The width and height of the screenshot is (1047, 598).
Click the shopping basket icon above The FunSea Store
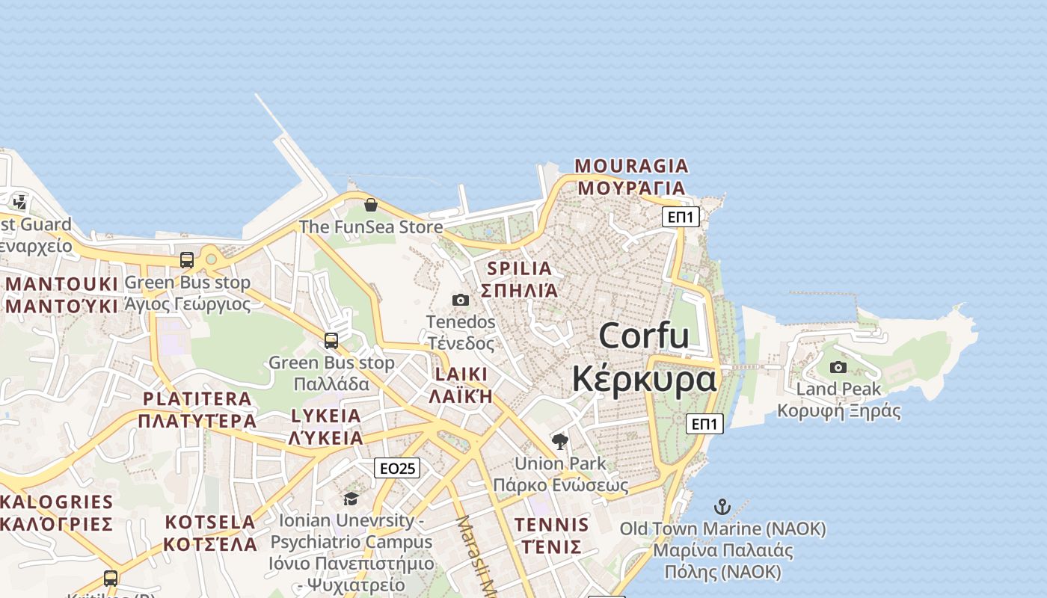(x=370, y=205)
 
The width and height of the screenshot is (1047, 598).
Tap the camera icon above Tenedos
(x=461, y=300)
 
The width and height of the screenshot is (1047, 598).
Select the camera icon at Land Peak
(x=838, y=367)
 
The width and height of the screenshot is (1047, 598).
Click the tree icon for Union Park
(x=559, y=441)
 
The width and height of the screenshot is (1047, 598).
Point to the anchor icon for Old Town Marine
(x=722, y=507)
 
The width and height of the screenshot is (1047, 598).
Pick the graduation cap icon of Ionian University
(x=351, y=498)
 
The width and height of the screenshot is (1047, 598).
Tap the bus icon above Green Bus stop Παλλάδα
(x=331, y=341)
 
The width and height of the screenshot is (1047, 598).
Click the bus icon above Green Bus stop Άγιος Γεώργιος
(x=187, y=260)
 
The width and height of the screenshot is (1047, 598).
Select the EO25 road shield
(x=397, y=468)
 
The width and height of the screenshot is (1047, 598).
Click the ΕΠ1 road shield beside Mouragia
(x=681, y=218)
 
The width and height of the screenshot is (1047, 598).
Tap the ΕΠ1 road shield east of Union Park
(x=704, y=424)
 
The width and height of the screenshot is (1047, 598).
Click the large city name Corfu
(x=644, y=336)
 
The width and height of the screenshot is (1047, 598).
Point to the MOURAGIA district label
(x=631, y=166)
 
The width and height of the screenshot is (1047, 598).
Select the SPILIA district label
(x=519, y=268)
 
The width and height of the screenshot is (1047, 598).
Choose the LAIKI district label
(x=461, y=374)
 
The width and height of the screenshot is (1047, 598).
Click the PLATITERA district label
(x=197, y=398)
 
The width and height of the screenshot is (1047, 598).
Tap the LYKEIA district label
(x=325, y=416)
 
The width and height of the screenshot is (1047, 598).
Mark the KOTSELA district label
(x=210, y=522)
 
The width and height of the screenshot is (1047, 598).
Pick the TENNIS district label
(x=551, y=525)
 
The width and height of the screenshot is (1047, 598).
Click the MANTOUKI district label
(x=62, y=284)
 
